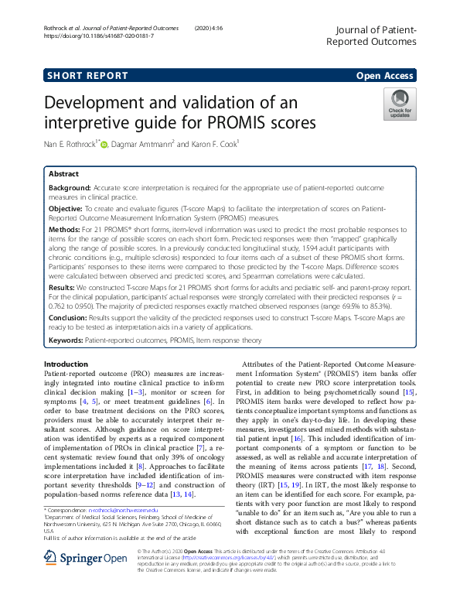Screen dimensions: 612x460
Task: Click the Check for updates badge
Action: coord(400,104)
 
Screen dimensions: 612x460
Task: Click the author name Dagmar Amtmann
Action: coord(148,144)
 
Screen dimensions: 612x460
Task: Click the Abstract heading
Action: coord(64,174)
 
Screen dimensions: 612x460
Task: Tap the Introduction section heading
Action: coord(66,364)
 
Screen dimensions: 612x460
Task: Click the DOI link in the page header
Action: coord(99,36)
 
